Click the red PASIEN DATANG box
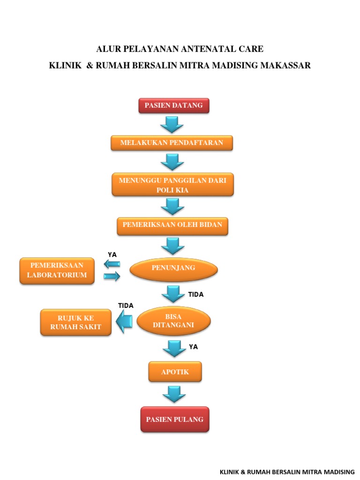(x=173, y=105)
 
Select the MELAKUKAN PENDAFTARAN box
(x=172, y=142)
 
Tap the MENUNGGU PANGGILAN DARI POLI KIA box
(x=172, y=184)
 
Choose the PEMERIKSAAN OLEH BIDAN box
(x=172, y=225)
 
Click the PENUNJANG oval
(x=173, y=268)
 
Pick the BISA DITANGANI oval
(x=173, y=321)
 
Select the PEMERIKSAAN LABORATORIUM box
(x=57, y=270)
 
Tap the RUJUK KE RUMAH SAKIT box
(x=76, y=322)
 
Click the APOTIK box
(x=175, y=372)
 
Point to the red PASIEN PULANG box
(x=174, y=419)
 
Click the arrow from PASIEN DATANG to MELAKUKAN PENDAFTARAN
(x=172, y=124)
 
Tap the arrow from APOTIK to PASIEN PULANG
(x=174, y=394)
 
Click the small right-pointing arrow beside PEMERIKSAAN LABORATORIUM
(x=112, y=277)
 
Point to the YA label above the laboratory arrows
(x=112, y=255)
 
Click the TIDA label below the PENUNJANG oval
(x=196, y=295)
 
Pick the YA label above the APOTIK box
(x=193, y=347)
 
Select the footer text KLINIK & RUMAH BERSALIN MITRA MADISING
(x=287, y=471)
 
